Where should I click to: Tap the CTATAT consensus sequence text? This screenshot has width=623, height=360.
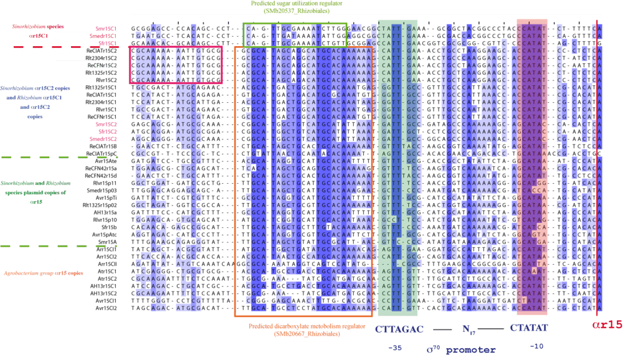coord(529,327)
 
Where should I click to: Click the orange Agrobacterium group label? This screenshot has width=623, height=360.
coord(44,273)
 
